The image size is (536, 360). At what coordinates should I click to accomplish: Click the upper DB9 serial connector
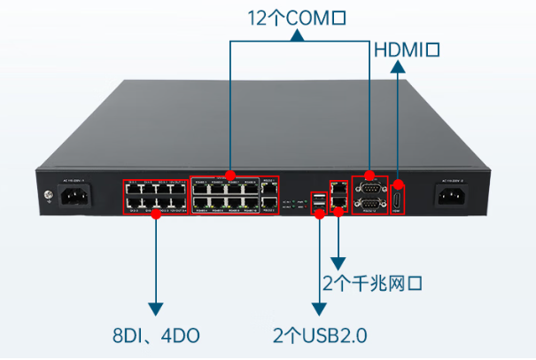point(371,187)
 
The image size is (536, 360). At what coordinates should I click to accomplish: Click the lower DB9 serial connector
point(371,206)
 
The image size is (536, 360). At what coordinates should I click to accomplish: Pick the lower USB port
point(318,209)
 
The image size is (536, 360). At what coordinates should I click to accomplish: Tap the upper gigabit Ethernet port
point(338,188)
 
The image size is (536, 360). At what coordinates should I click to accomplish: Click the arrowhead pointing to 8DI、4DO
point(156,309)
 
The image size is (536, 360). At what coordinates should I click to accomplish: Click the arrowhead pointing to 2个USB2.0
point(318,309)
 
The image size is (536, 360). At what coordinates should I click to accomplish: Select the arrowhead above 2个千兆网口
point(338,263)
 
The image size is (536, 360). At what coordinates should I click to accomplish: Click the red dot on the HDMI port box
point(399,176)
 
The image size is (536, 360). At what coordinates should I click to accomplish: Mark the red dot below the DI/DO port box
point(156,215)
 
